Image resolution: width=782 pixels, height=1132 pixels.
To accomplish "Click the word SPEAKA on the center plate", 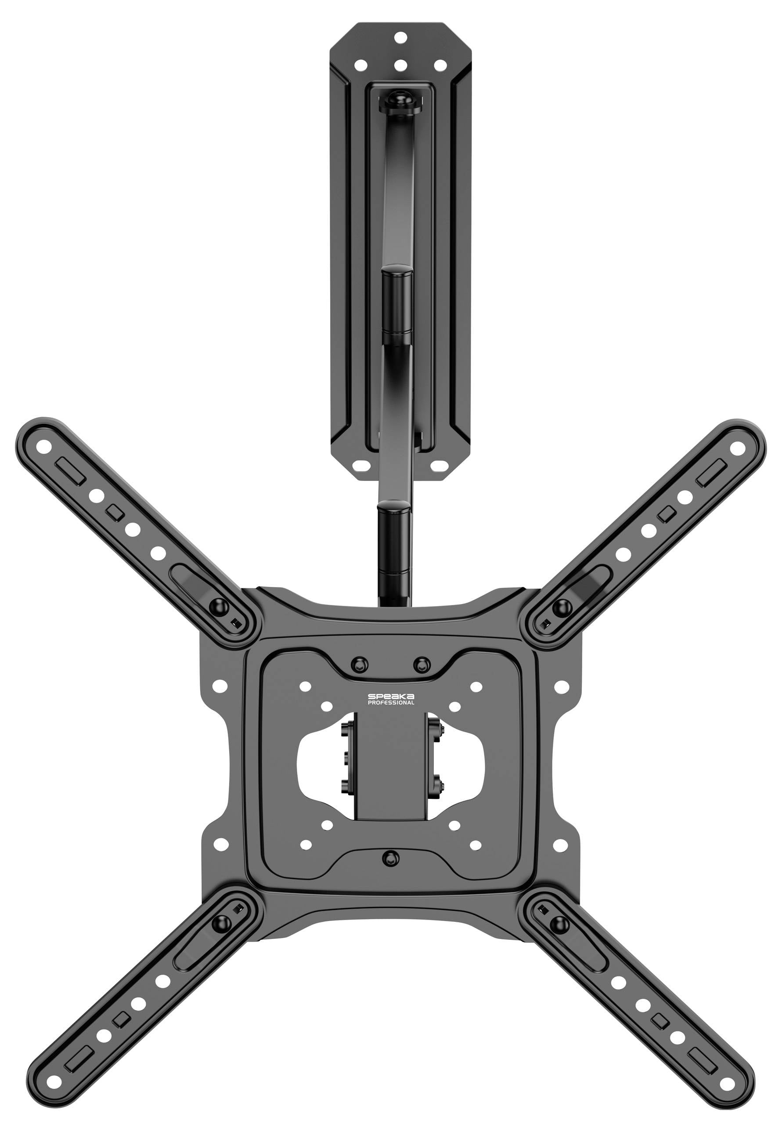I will tap(390, 696).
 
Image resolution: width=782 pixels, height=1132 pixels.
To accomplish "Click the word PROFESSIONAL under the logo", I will tap(390, 703).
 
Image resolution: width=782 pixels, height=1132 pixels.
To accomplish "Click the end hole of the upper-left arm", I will tap(44, 446).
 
